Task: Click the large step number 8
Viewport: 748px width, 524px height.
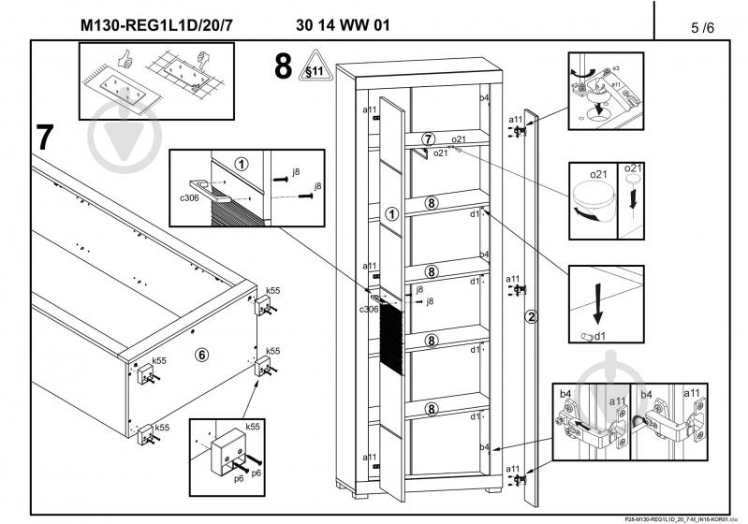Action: pos(282,67)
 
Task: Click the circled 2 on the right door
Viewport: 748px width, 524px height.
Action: pos(531,316)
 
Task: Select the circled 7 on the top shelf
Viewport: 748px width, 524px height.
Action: pos(429,139)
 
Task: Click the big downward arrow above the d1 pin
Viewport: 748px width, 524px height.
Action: pos(599,301)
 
